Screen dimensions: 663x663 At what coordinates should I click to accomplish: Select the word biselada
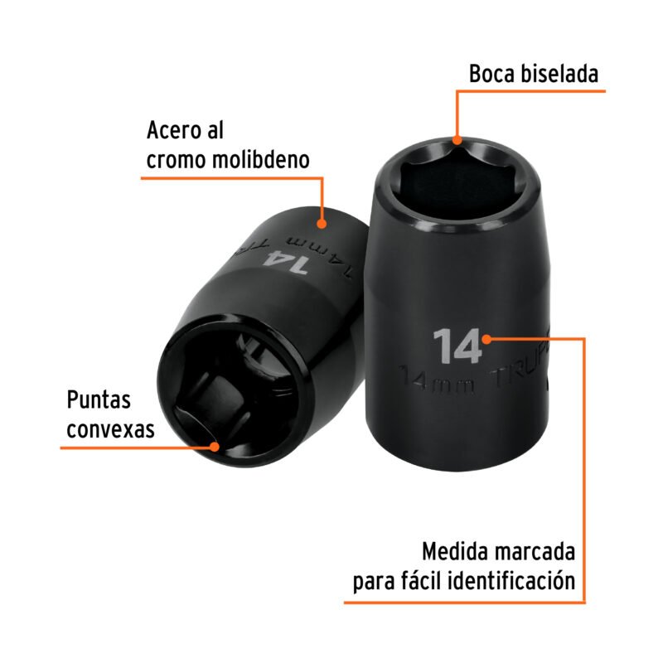(x=561, y=75)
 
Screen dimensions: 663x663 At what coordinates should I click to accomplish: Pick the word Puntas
(x=99, y=400)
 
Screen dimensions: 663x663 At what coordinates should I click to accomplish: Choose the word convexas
(x=110, y=429)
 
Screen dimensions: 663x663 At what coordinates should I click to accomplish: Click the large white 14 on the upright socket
(x=456, y=346)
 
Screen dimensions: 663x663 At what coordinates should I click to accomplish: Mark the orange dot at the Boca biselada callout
(x=455, y=139)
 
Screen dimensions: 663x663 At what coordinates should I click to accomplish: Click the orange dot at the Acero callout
(x=322, y=222)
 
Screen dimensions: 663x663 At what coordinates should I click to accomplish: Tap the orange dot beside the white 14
(x=489, y=338)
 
